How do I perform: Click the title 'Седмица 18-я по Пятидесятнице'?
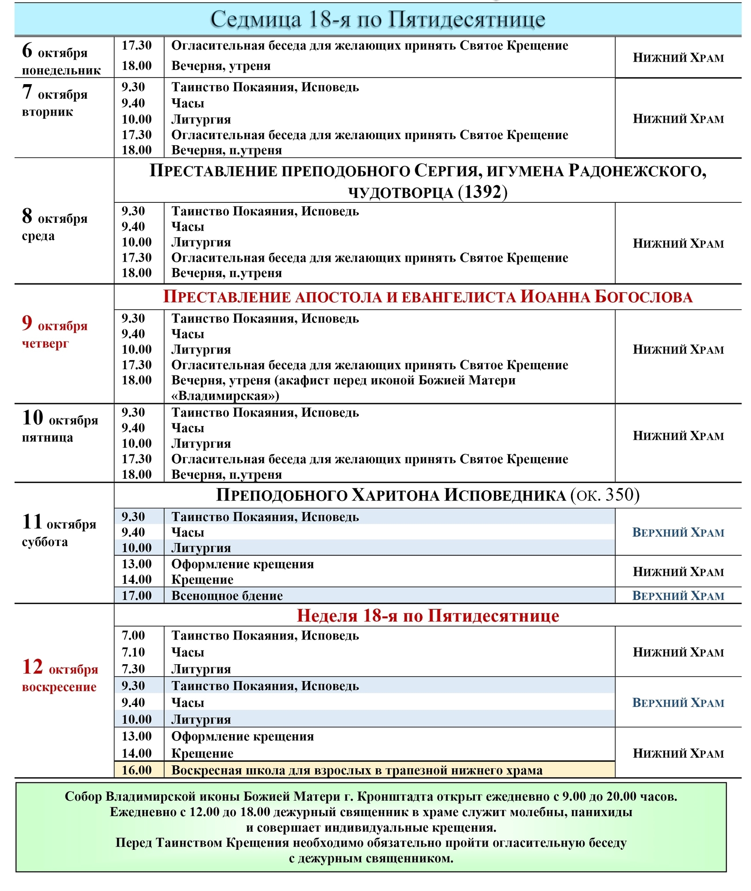(377, 20)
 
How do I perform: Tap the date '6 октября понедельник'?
(61, 59)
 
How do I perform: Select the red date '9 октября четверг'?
(54, 331)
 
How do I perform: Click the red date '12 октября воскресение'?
(60, 676)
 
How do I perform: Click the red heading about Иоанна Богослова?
(427, 297)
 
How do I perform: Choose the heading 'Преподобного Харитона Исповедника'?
(391, 495)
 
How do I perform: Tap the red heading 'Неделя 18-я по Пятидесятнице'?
(427, 616)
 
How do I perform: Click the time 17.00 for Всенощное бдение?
(137, 596)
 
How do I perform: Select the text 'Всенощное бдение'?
(227, 596)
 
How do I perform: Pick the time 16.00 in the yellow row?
(137, 770)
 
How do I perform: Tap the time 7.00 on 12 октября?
(133, 635)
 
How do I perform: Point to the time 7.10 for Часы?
(133, 652)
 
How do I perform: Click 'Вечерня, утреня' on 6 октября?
(221, 66)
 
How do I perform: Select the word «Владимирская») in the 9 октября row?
(225, 395)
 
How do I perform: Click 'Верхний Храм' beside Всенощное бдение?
(678, 596)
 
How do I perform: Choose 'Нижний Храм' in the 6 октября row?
(678, 58)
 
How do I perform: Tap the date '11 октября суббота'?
(59, 530)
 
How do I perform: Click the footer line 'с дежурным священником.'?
(371, 858)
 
